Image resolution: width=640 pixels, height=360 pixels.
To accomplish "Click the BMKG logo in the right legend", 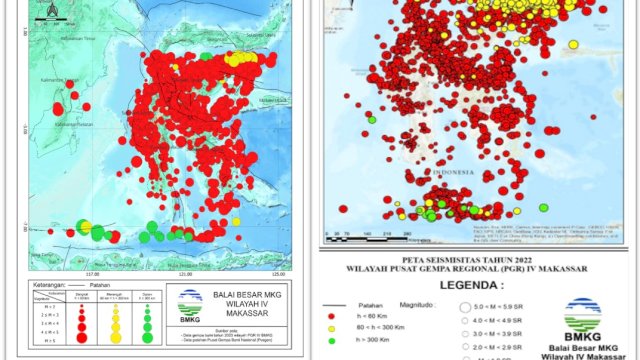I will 583,316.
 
